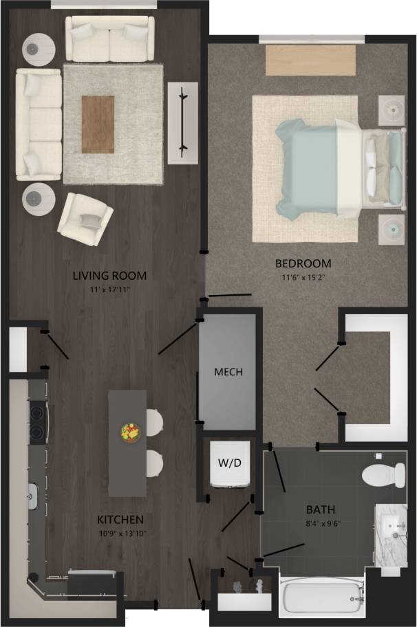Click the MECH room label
point(228,373)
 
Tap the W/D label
point(230,463)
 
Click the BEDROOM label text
point(303,263)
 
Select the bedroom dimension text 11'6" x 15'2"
point(303,278)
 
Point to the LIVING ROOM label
point(110,276)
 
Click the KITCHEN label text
point(120,519)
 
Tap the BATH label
point(321,510)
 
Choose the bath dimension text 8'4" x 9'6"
point(321,524)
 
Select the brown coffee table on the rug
point(98,124)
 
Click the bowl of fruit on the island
point(130,433)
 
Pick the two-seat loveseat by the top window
point(109,38)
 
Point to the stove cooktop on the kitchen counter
point(36,422)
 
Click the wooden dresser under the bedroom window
point(310,60)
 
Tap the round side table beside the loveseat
point(39,48)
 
